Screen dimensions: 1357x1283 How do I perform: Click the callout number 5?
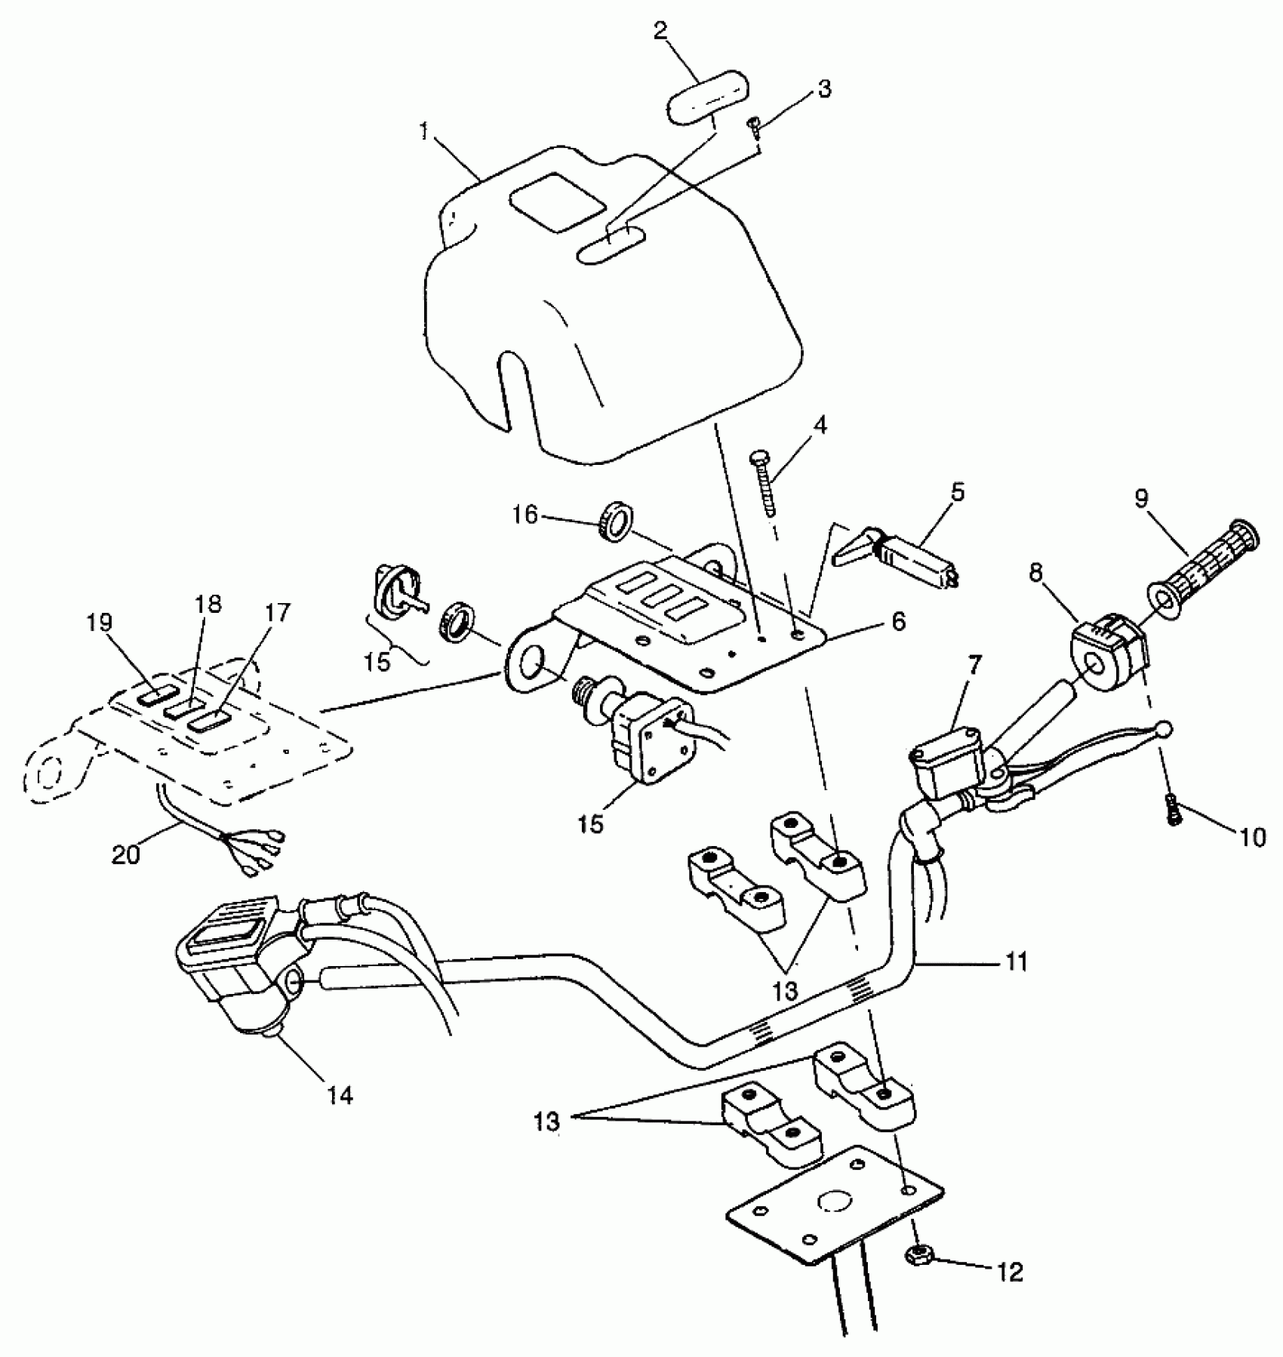pos(958,493)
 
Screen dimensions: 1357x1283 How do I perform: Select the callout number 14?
pos(340,1095)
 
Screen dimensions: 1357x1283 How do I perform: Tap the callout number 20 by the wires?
pos(127,855)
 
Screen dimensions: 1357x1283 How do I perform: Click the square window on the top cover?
pos(557,200)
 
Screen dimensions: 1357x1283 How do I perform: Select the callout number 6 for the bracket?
pos(897,622)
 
